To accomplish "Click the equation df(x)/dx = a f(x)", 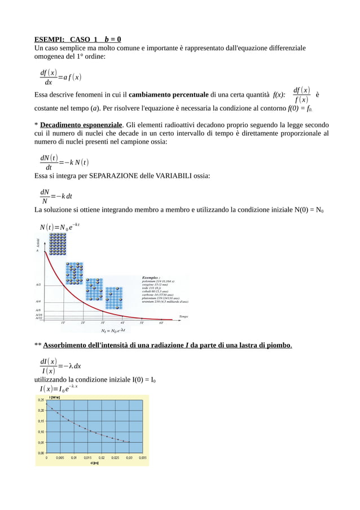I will pyautogui.click(x=60, y=77).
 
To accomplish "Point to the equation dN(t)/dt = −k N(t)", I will pyautogui.click(x=64, y=163).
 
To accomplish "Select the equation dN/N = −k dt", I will pyautogui.click(x=56, y=196).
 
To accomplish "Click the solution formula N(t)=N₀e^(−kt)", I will pyautogui.click(x=59, y=227).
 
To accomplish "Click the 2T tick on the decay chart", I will pyautogui.click(x=83, y=323).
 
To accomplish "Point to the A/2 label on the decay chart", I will pyautogui.click(x=38, y=285).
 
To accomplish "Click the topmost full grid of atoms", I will pyautogui.click(x=58, y=244).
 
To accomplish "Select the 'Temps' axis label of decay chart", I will pyautogui.click(x=183, y=316).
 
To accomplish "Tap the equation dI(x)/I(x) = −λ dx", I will pyautogui.click(x=60, y=366).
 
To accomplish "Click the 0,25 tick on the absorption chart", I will pyautogui.click(x=41, y=400).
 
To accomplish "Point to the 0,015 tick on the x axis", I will pyautogui.click(x=87, y=458).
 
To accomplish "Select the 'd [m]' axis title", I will pyautogui.click(x=95, y=464).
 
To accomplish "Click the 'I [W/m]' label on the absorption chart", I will pyautogui.click(x=56, y=397).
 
